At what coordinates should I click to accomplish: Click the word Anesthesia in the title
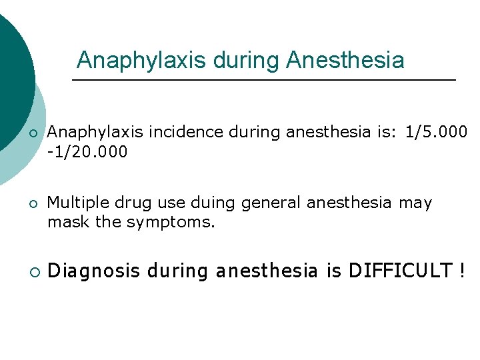[345, 61]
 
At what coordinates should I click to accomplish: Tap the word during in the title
[246, 61]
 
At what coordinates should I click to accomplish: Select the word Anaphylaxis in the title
[141, 61]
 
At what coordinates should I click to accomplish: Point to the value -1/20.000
[87, 153]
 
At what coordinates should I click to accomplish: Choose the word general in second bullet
[261, 203]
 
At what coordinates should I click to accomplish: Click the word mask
[68, 222]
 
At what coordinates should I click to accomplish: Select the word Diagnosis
[94, 271]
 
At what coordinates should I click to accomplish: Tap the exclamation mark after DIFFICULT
[462, 271]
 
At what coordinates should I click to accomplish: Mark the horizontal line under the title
[263, 80]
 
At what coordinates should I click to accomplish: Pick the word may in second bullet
[415, 203]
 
